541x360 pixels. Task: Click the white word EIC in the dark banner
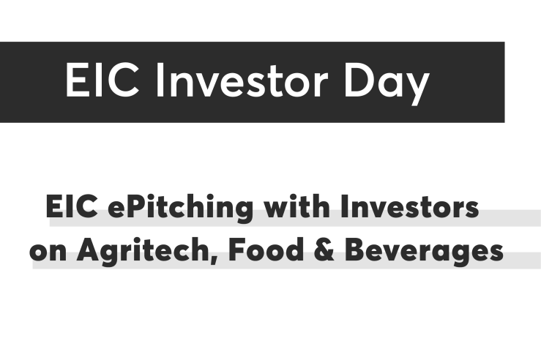102,80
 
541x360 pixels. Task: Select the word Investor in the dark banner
241,80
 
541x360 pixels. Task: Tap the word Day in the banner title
387,83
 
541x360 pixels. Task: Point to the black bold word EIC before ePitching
72,206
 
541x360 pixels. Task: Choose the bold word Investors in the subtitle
409,206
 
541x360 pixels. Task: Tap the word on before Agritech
48,252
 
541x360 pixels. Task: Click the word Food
266,250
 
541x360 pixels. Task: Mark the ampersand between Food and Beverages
324,250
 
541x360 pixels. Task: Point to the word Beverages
424,252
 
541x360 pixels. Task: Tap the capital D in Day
359,80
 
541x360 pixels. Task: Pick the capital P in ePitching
135,206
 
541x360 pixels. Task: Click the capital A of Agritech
89,250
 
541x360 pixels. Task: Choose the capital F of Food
236,250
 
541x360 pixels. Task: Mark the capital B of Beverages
354,250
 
